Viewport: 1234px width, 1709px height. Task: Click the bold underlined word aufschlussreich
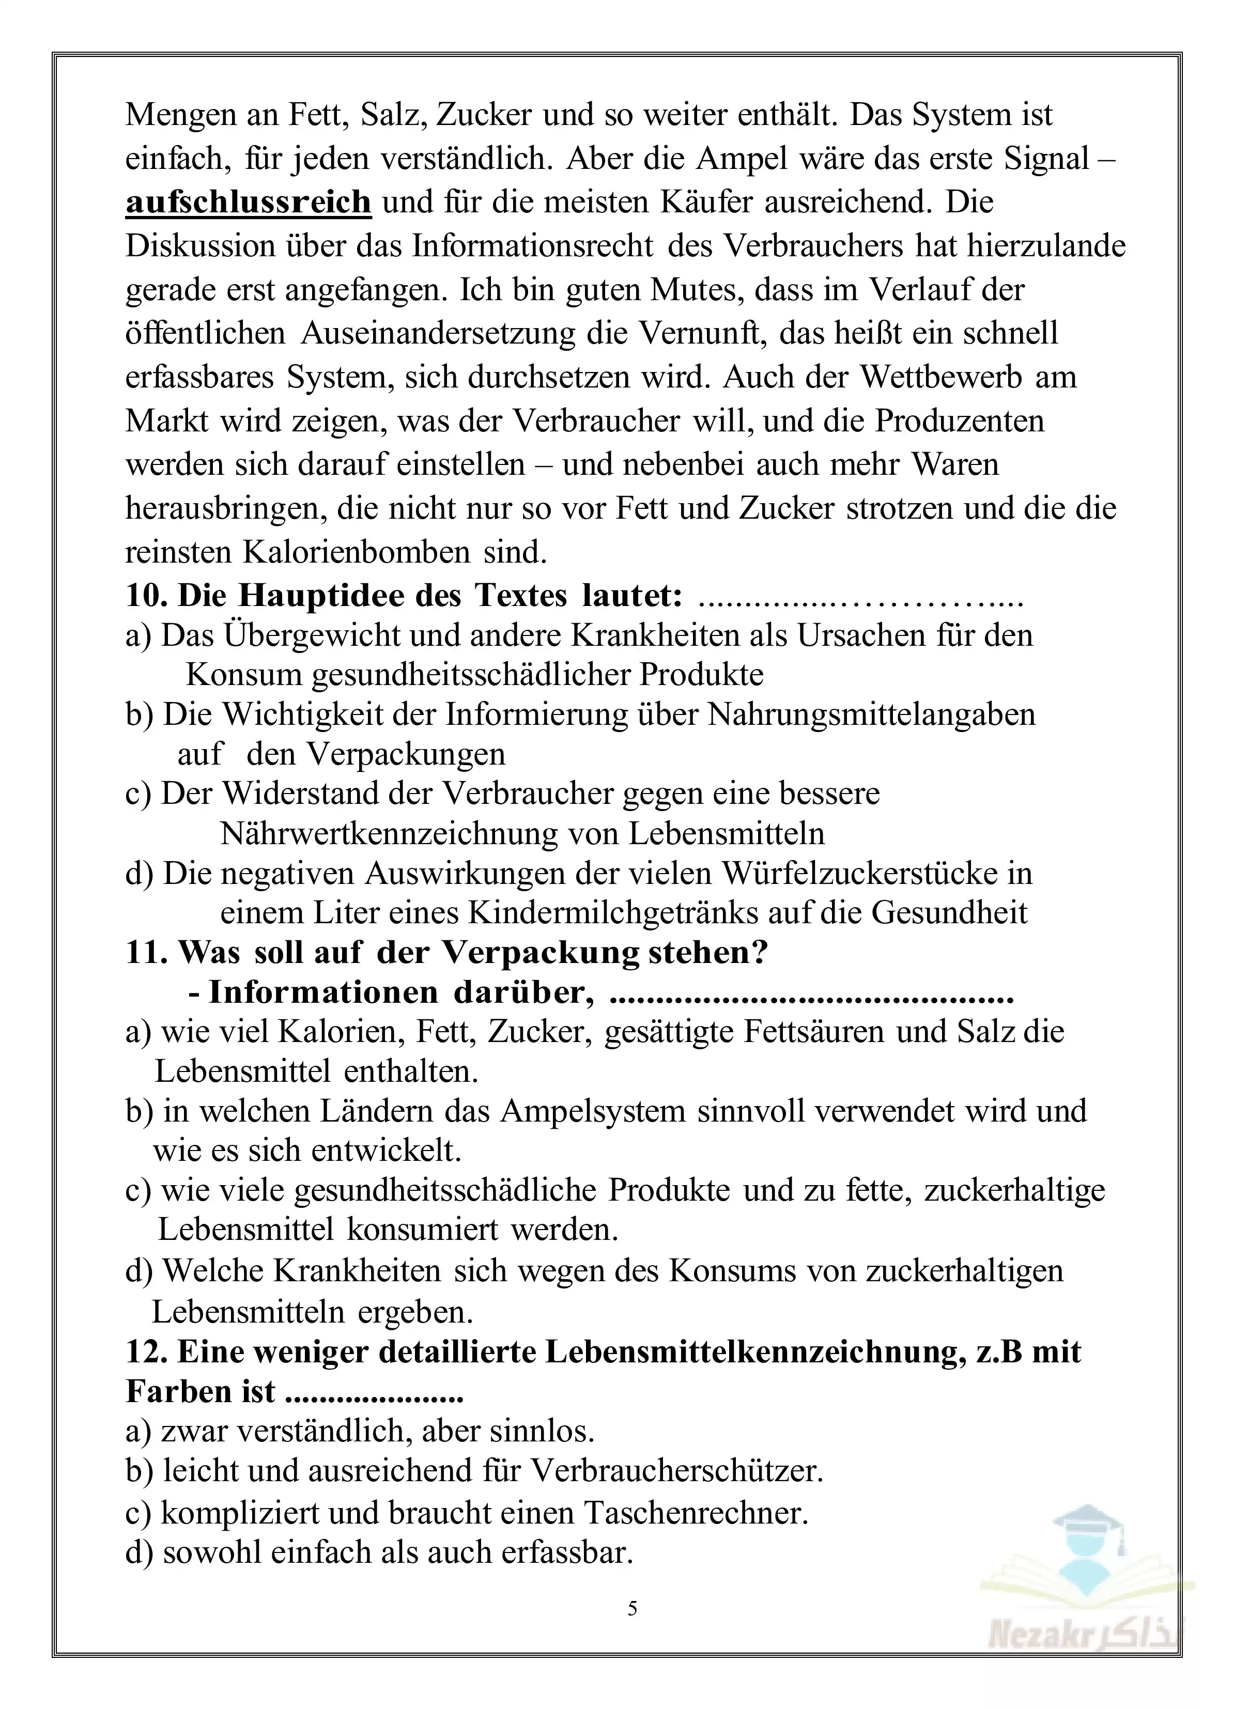pos(248,202)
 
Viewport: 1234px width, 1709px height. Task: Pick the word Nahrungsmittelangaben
pos(871,714)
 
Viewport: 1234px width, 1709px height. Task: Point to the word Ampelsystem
pos(593,1111)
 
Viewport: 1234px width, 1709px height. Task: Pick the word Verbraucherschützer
pos(676,1471)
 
